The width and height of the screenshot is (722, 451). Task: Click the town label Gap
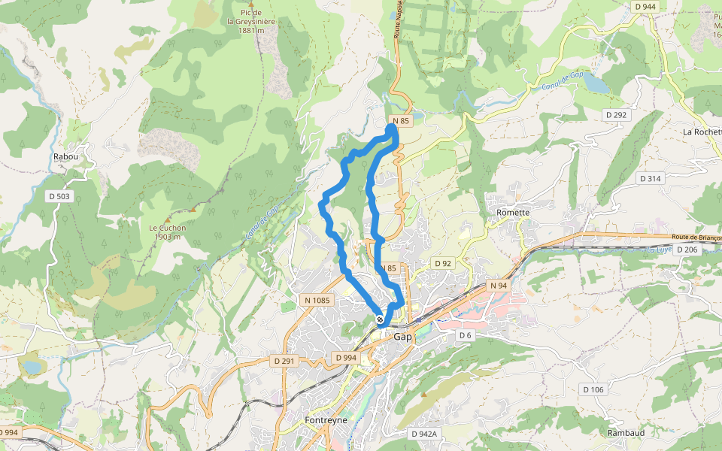click(x=403, y=337)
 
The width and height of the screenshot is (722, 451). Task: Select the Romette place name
click(x=513, y=213)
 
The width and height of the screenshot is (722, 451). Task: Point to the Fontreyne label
click(x=326, y=420)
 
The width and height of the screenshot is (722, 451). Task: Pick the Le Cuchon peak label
click(x=166, y=232)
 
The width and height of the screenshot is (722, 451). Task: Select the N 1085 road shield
click(x=317, y=300)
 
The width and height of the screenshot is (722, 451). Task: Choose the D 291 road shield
click(x=285, y=362)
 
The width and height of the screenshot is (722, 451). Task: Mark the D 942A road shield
click(x=424, y=434)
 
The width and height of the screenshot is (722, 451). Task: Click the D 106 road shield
click(x=593, y=389)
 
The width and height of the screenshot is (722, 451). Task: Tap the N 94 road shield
click(x=499, y=286)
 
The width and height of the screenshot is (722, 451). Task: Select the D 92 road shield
click(x=442, y=263)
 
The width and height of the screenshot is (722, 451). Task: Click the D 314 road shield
click(x=649, y=178)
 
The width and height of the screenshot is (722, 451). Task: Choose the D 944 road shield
click(x=645, y=6)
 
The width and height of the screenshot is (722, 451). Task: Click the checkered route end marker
click(x=380, y=319)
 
